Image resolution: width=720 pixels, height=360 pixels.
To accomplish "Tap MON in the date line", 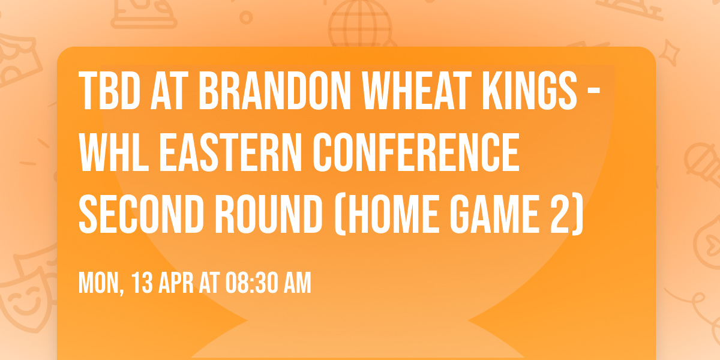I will [x=98, y=283].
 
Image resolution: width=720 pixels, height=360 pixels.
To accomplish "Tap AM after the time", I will [x=298, y=283].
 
